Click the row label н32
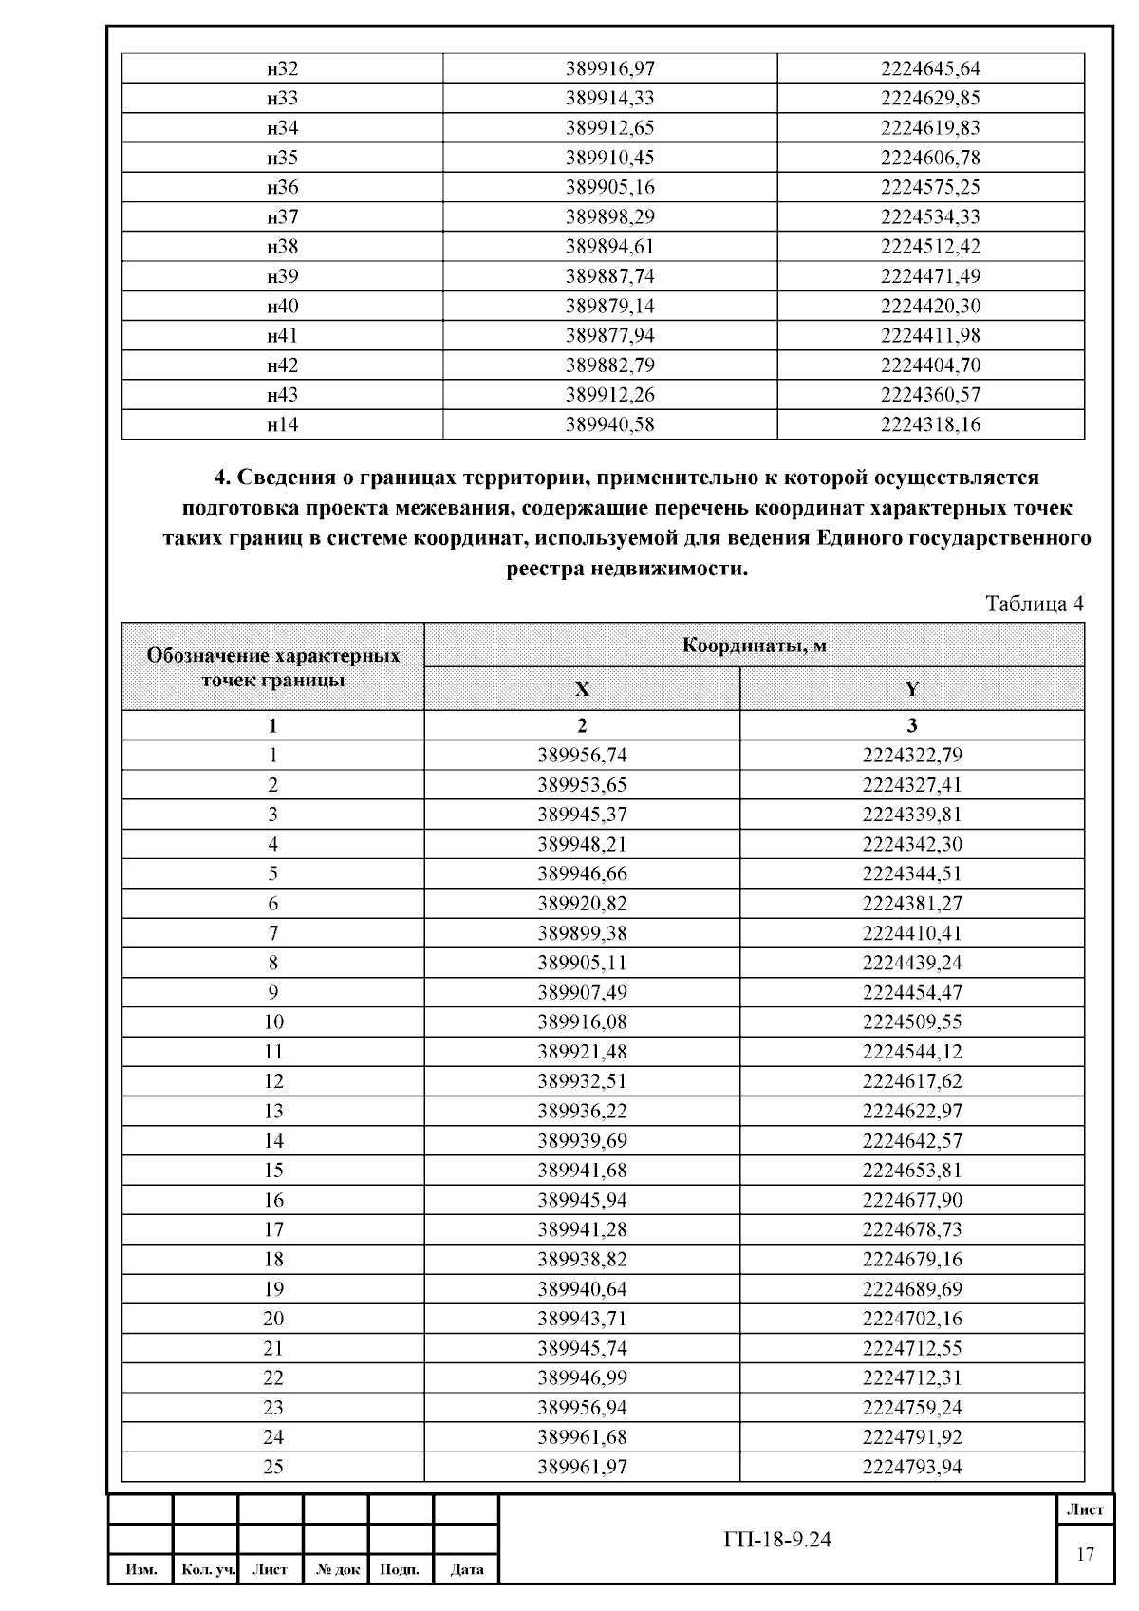(x=282, y=68)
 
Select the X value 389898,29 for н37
(x=609, y=216)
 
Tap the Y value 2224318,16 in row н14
(x=930, y=424)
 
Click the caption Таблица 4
(x=1035, y=604)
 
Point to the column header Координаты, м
(x=754, y=646)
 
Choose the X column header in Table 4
(x=582, y=689)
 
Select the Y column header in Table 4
(x=912, y=689)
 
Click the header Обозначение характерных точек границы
(x=273, y=667)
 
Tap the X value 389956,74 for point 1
(x=582, y=756)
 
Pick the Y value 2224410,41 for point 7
(x=912, y=933)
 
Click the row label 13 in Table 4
(x=273, y=1111)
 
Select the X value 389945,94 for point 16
(x=582, y=1200)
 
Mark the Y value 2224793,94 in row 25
(x=912, y=1467)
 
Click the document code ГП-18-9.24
(x=776, y=1540)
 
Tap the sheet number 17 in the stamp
(x=1085, y=1554)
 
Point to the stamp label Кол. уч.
(x=207, y=1570)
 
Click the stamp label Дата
(x=466, y=1570)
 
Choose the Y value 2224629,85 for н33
(x=930, y=98)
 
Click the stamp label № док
(x=335, y=1570)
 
